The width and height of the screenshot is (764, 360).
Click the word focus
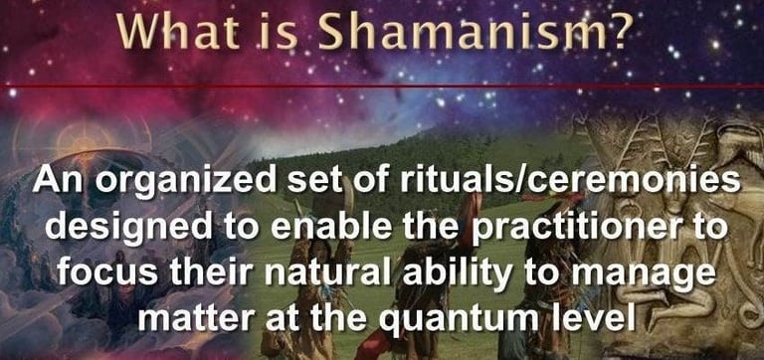(x=98, y=273)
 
